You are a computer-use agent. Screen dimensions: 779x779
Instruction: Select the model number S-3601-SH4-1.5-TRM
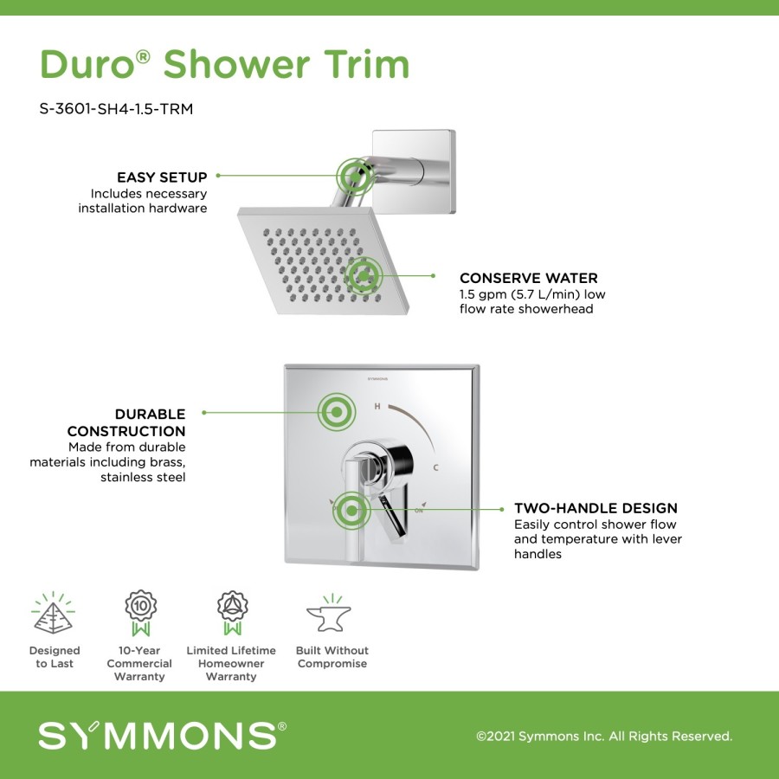click(116, 109)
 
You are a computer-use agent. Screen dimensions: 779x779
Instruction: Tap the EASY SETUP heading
click(162, 177)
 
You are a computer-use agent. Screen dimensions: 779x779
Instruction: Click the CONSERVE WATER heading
click(529, 278)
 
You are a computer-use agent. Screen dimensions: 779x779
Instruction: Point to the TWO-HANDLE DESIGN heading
click(596, 508)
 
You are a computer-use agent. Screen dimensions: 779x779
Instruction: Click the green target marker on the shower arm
click(356, 176)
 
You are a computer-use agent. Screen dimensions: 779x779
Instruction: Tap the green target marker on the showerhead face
click(364, 276)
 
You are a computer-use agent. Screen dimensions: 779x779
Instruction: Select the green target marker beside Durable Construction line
click(337, 412)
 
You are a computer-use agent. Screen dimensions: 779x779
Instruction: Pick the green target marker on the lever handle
click(351, 510)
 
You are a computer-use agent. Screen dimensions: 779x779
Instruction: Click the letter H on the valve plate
click(377, 407)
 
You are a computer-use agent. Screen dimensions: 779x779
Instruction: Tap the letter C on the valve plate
click(435, 467)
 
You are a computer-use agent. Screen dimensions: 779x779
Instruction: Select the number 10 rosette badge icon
click(140, 613)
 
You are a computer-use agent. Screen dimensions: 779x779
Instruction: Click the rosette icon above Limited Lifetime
click(232, 613)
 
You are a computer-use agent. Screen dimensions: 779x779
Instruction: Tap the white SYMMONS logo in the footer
click(163, 736)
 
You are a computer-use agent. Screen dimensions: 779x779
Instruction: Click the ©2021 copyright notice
click(604, 737)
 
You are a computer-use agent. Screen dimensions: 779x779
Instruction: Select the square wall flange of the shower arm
click(414, 172)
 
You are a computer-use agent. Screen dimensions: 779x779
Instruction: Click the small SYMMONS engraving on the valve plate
click(377, 378)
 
